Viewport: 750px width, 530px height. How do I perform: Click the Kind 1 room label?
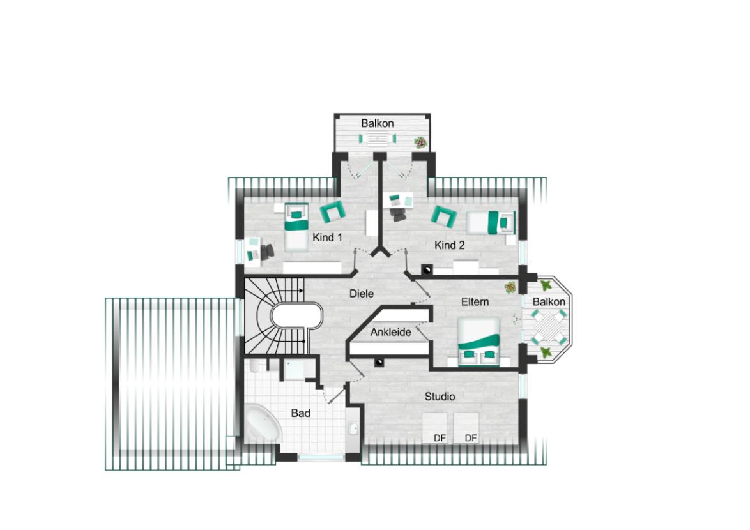coord(327,238)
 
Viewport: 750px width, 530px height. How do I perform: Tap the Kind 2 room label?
coord(450,245)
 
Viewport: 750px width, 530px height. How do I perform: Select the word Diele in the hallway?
coord(361,294)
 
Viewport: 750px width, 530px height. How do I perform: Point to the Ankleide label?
coord(390,332)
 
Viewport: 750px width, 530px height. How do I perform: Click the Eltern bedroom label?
coord(475,301)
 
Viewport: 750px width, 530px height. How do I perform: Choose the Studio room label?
coord(440,397)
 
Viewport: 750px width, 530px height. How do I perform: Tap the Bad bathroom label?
coord(300,413)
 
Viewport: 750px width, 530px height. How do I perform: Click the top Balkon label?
coord(377,123)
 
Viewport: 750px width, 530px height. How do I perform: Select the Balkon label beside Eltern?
coord(549,301)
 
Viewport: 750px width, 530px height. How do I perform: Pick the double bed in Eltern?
coord(478,342)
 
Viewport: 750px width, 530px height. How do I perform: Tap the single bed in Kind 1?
coord(295,226)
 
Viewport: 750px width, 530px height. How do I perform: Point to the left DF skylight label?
coord(440,438)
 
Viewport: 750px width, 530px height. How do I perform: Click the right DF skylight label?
coord(471,438)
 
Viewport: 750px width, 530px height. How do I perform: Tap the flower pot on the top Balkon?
coord(420,142)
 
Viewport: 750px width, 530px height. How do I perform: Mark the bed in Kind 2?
coord(492,223)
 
